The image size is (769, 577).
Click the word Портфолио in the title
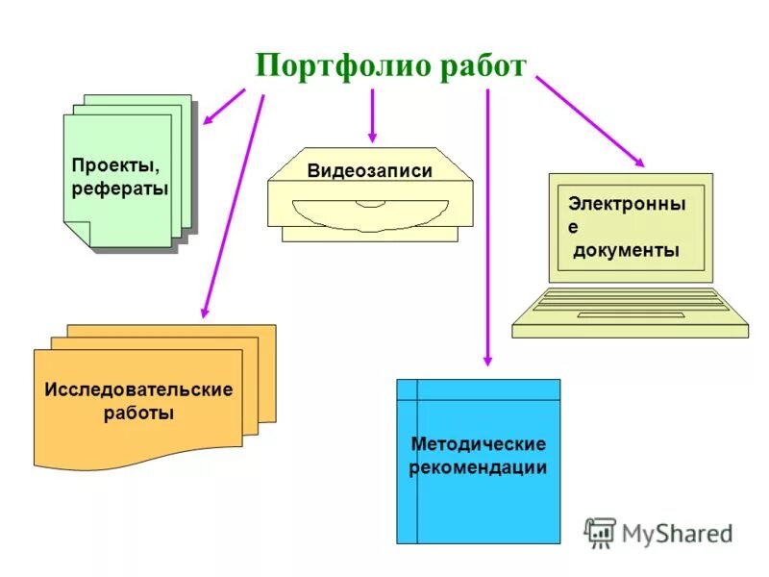pos(327,67)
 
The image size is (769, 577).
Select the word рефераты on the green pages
pos(120,188)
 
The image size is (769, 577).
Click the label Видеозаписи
pos(370,171)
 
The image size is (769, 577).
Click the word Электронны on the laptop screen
pos(627,204)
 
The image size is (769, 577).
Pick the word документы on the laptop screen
pos(627,251)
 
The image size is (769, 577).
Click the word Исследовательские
pos(138,390)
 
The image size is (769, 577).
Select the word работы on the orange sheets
pos(138,414)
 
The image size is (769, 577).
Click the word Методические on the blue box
pos(479,444)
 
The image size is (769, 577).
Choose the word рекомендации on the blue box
pos(479,468)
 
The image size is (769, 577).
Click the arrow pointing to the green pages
pos(223,107)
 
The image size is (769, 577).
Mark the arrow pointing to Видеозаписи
pos(372,115)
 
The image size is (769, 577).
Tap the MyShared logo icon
pos(600,532)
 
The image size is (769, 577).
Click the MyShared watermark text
pos(677,533)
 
